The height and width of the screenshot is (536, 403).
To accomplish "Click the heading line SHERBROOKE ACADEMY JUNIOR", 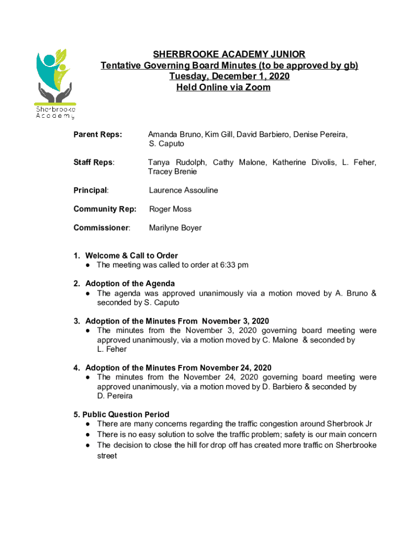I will coord(229,54).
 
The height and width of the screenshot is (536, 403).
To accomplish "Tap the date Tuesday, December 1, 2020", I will coord(229,76).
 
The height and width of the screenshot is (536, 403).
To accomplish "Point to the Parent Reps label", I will coord(97,135).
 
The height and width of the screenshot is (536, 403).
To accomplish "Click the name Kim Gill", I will coord(219,135).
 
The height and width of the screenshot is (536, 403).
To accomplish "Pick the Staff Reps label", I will coord(94,162).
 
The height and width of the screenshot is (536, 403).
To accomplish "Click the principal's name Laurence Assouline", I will coord(183,190).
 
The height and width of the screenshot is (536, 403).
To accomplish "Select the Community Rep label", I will coord(105,209).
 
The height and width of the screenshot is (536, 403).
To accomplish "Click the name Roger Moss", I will coord(170,209).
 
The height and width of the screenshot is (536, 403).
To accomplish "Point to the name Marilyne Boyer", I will coord(175,228).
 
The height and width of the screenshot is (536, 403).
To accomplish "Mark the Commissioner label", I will coord(102,228).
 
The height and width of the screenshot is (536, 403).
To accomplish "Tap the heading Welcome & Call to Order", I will coord(131,255).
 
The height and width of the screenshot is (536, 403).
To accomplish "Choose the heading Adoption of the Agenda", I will coord(130,284).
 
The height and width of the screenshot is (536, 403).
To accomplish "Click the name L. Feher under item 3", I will coord(111,349).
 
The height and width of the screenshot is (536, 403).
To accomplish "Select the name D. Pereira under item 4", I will coord(115,396).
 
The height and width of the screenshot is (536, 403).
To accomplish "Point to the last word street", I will coord(107,456).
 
